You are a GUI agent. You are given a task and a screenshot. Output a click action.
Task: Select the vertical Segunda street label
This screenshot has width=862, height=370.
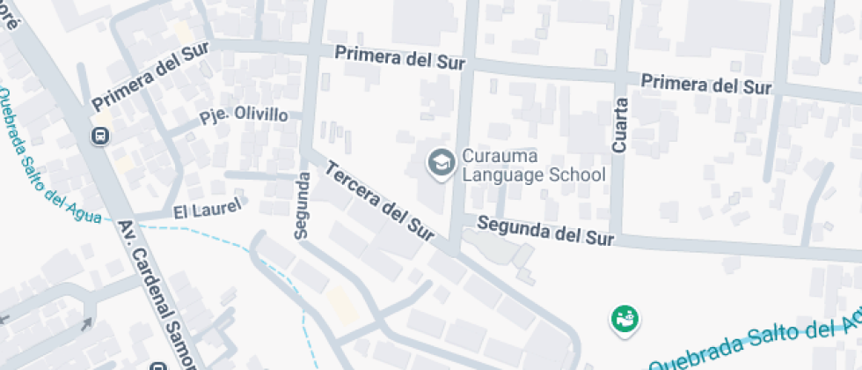(x=302, y=205)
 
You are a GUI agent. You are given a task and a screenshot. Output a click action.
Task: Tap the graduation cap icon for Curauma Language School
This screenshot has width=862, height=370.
(x=440, y=162)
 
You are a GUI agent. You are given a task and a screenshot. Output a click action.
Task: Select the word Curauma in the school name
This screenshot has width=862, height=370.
(x=500, y=157)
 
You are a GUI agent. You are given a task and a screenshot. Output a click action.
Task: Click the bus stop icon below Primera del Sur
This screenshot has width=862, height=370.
(x=101, y=136)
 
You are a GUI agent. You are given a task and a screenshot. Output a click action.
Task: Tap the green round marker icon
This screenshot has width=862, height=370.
(x=625, y=318)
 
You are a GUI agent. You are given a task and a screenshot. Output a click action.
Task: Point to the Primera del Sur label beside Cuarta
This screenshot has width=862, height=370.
(x=705, y=85)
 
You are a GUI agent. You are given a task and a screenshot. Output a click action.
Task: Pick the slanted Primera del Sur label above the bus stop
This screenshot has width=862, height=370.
(x=149, y=77)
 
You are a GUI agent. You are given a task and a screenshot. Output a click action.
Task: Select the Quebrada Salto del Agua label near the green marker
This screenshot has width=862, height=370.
(x=756, y=343)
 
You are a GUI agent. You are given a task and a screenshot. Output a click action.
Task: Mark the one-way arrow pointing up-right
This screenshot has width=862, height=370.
(x=85, y=324)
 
